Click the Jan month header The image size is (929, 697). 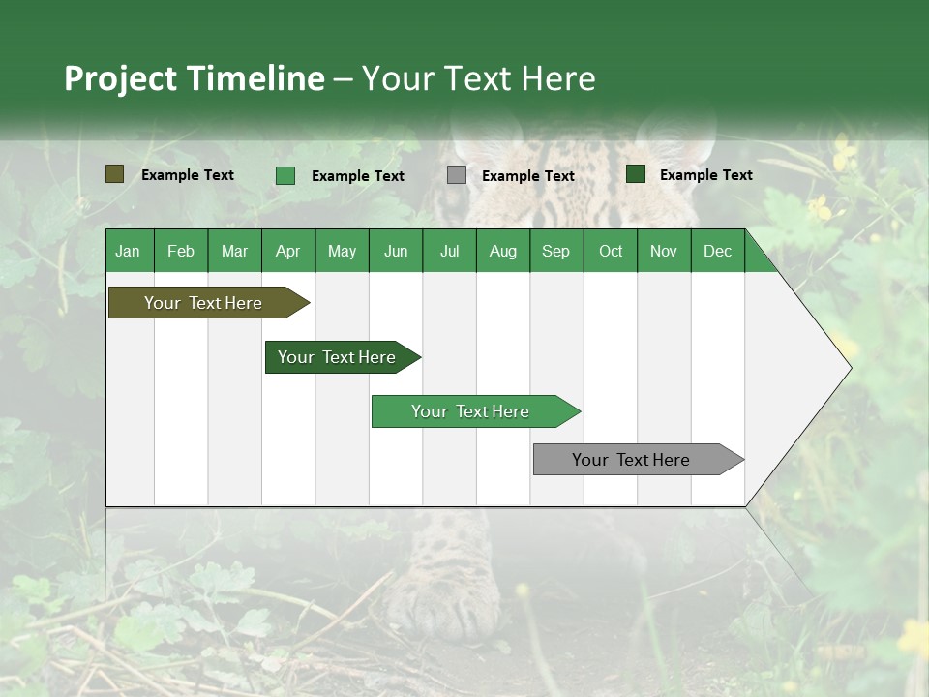tap(128, 251)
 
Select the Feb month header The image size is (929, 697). tap(181, 251)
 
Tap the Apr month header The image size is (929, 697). tap(287, 251)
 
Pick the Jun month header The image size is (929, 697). tap(396, 251)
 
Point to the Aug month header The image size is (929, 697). tap(502, 251)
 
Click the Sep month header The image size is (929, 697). tap(555, 251)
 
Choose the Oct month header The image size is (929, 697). tap(611, 251)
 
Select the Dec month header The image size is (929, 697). tap(717, 251)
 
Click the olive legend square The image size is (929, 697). tap(115, 174)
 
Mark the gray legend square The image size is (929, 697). tap(457, 175)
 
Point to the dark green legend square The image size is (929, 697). tap(636, 174)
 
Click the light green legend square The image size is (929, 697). tap(285, 175)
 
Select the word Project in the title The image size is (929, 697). tap(121, 78)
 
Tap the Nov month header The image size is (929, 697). tap(664, 251)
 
